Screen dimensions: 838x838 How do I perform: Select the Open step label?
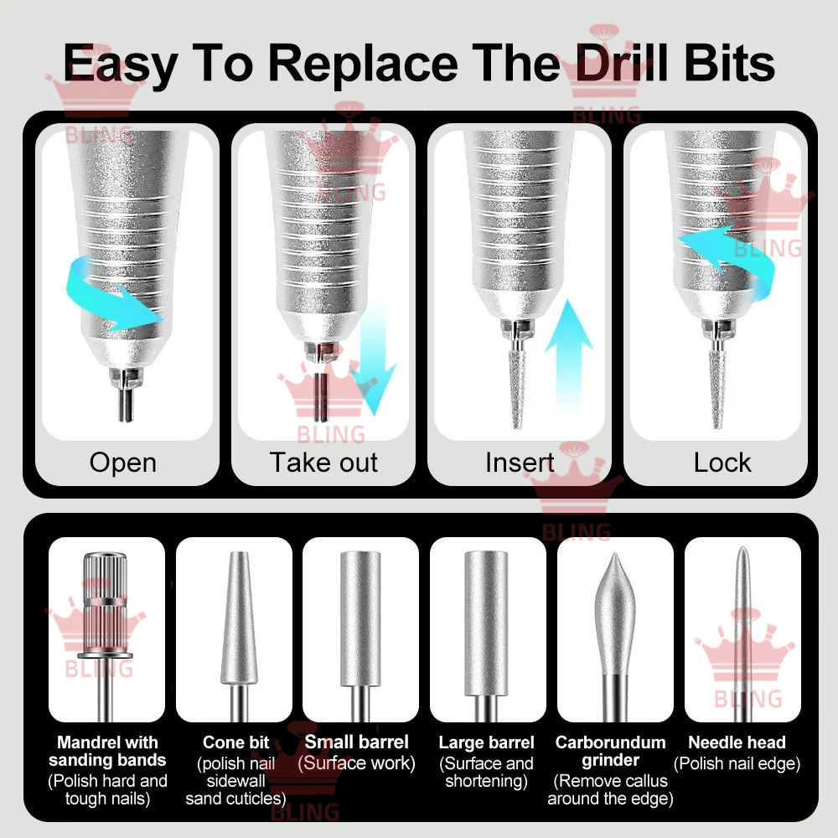tap(123, 463)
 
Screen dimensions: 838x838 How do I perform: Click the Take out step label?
tap(323, 463)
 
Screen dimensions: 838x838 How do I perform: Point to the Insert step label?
tap(520, 463)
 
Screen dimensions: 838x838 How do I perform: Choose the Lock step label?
tap(722, 463)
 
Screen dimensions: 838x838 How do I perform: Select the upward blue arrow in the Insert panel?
tap(569, 355)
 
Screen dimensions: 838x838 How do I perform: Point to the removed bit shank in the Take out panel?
tap(321, 396)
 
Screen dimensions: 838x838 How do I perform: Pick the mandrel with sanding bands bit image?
tap(106, 631)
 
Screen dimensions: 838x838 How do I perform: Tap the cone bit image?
tap(239, 631)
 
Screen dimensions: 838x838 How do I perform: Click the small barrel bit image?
tap(360, 631)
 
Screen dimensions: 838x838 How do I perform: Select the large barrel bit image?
tap(486, 631)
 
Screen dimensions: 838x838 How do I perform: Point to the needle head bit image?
tap(742, 631)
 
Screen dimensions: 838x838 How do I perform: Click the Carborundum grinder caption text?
tap(610, 751)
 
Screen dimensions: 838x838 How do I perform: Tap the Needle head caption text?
tap(737, 742)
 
